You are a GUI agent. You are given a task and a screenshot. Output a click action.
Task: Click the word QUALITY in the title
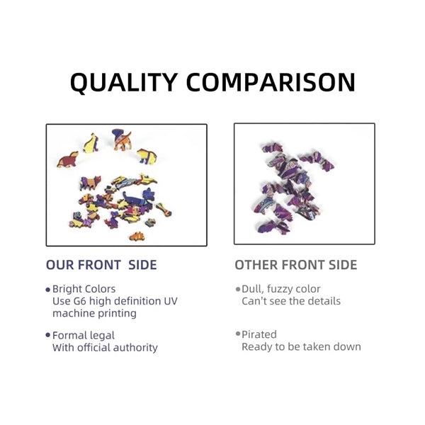tap(124, 83)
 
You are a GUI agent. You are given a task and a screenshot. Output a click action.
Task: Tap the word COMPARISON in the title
tap(271, 82)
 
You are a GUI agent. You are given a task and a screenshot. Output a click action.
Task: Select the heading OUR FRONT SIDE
tap(101, 265)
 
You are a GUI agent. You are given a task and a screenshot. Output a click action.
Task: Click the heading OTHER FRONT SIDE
tap(295, 265)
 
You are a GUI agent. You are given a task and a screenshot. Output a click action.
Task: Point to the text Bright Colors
tap(84, 289)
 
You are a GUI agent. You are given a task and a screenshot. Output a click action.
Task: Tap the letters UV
tap(171, 301)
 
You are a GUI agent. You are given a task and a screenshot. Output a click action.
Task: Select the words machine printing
tap(94, 313)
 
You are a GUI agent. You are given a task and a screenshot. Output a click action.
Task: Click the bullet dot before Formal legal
tap(48, 335)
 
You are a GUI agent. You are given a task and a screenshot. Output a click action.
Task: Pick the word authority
tap(135, 348)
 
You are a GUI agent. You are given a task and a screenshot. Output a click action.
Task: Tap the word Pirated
tap(259, 334)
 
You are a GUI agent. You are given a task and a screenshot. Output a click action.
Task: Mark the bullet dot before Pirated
tap(238, 334)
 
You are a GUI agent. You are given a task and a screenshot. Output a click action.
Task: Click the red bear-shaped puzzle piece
tap(68, 159)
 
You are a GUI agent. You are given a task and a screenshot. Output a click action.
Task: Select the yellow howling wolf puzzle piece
tap(91, 143)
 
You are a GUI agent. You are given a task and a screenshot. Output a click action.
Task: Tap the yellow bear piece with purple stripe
tap(147, 157)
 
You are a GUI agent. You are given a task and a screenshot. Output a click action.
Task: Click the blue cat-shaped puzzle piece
tap(138, 198)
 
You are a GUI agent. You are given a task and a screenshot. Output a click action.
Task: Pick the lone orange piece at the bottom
tap(137, 237)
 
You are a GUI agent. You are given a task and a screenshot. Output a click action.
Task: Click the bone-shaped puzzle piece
tap(164, 210)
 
